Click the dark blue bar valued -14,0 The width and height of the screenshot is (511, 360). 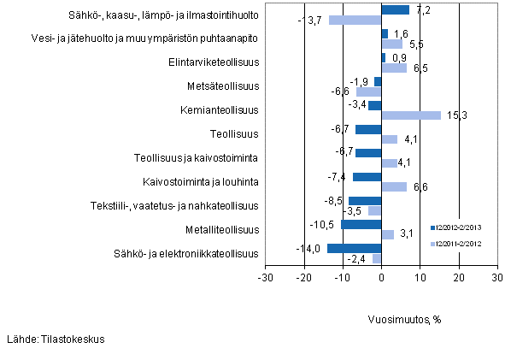click(x=355, y=249)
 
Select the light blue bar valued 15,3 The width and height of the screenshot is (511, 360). click(x=411, y=115)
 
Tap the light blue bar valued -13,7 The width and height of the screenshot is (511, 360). click(x=355, y=20)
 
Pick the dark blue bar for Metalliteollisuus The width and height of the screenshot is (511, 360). click(x=361, y=225)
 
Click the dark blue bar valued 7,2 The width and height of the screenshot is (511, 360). click(x=396, y=10)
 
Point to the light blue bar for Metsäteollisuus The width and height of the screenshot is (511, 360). click(x=369, y=91)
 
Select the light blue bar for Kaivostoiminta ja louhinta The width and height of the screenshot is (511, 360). click(x=394, y=187)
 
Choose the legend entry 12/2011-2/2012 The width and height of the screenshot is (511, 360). click(x=461, y=245)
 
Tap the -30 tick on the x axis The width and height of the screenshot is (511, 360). click(x=266, y=278)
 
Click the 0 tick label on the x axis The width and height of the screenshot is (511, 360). click(x=382, y=278)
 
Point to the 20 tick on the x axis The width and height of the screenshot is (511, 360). click(x=459, y=278)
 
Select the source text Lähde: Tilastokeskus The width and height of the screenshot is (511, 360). click(x=56, y=339)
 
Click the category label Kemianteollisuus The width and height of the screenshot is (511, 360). click(x=220, y=110)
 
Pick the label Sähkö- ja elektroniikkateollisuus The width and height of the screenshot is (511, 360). click(x=185, y=253)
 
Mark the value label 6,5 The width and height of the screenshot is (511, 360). click(x=420, y=68)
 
